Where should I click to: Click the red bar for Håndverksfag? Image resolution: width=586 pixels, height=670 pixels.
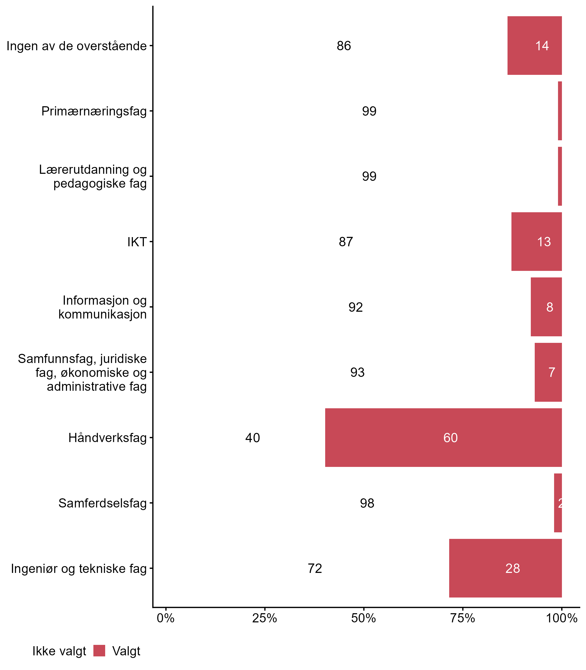tap(443, 437)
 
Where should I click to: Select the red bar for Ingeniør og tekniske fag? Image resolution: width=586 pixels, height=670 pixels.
tap(505, 568)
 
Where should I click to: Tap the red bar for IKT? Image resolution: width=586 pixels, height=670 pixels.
tap(536, 241)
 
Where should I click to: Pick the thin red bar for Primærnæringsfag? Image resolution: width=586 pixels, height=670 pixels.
tap(560, 111)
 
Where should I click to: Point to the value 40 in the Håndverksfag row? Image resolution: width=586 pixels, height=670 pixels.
tap(252, 438)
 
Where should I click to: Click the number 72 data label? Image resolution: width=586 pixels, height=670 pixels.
tap(314, 568)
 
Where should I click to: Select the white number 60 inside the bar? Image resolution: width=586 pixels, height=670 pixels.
tap(450, 438)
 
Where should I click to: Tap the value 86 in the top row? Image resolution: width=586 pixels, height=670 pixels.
tap(344, 46)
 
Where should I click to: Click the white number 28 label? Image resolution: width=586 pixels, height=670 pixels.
tap(512, 568)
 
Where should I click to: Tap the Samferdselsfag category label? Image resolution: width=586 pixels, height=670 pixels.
tap(102, 503)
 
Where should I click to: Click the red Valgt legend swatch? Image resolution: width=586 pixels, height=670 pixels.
tap(99, 651)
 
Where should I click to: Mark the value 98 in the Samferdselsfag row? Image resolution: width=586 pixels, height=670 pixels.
tap(367, 503)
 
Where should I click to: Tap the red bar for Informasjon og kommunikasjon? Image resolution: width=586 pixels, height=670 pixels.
tap(546, 307)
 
